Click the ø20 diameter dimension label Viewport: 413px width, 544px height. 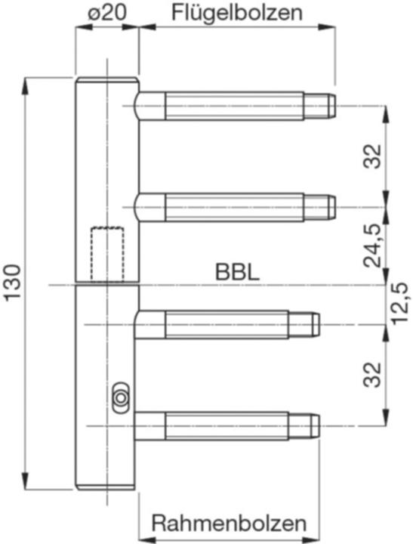click(x=106, y=14)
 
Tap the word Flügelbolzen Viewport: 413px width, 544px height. click(x=237, y=14)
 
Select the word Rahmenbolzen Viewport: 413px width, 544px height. click(x=230, y=523)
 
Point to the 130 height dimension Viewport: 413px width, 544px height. click(x=13, y=282)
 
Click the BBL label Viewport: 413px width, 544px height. click(x=237, y=272)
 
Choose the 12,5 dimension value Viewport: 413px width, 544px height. click(x=401, y=303)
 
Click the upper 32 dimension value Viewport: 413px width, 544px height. click(x=372, y=156)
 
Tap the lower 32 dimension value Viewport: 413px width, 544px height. click(x=372, y=375)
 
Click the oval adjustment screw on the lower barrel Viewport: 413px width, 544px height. click(x=120, y=398)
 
